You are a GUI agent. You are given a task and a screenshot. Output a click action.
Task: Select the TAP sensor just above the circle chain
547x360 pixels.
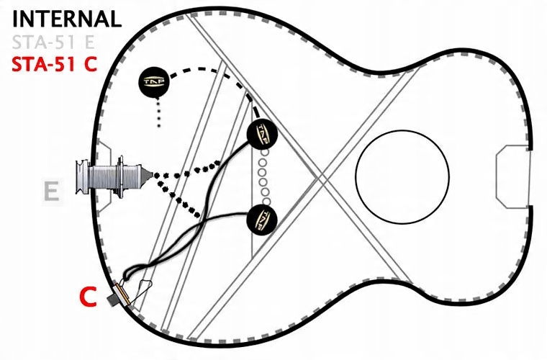(262, 134)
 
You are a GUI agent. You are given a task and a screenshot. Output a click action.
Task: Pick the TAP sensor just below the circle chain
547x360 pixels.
(262, 220)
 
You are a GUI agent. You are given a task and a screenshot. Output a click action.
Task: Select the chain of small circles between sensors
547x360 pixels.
(264, 177)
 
